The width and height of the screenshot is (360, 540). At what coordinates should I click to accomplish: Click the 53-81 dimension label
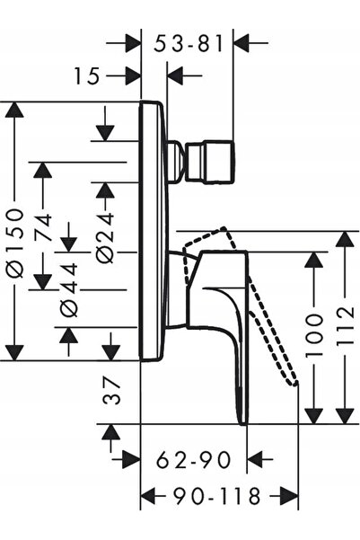(x=189, y=44)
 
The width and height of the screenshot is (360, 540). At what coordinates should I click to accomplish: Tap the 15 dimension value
(x=87, y=75)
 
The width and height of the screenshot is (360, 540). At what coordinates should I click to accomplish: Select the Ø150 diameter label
(x=15, y=243)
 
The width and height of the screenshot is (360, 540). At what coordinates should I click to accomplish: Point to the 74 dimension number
(x=43, y=228)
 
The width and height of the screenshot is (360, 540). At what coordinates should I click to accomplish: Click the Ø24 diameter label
(x=105, y=238)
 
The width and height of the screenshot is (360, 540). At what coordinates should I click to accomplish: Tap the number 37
(x=112, y=391)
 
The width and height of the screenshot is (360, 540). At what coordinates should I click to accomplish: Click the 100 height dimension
(x=314, y=335)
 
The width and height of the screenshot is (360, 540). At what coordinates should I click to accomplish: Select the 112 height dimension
(x=345, y=326)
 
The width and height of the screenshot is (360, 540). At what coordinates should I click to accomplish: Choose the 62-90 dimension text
(x=193, y=460)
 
